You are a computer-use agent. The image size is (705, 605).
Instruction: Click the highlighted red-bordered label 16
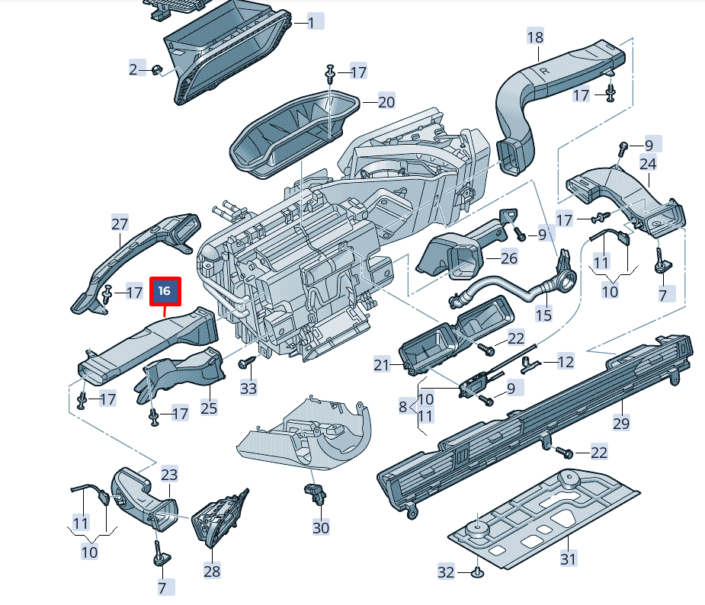[165, 290]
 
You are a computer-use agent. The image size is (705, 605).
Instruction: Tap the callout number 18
[535, 37]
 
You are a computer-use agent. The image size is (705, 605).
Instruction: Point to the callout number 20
[386, 101]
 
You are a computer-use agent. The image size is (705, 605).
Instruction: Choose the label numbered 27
[120, 224]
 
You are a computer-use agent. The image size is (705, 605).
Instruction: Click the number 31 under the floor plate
[568, 559]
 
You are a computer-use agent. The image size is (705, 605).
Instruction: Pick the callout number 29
[621, 423]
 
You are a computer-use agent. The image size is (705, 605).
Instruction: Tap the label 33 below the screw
[248, 388]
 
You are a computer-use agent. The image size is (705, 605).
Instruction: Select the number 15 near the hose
[543, 315]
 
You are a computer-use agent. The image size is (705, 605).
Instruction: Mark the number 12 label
[565, 363]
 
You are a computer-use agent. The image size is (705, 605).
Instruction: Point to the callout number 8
[403, 407]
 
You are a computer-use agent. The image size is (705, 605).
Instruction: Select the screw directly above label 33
[247, 364]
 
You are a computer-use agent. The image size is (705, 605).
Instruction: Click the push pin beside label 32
[476, 571]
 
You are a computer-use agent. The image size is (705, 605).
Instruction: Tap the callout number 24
[648, 164]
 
